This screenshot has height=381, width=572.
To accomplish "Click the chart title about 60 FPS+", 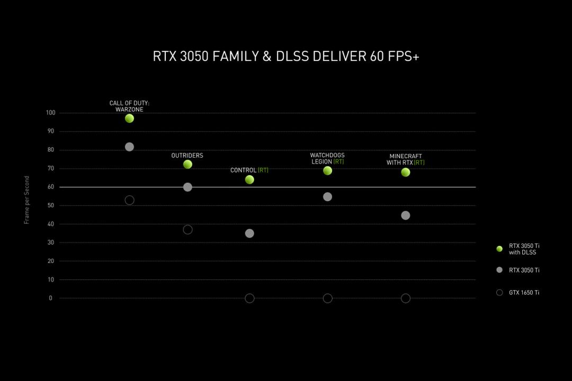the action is [x=286, y=57].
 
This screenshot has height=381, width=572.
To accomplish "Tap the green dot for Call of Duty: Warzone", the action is [x=130, y=119].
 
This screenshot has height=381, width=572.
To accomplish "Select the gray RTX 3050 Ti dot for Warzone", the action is [x=130, y=147].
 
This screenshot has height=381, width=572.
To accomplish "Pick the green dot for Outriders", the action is [x=187, y=165].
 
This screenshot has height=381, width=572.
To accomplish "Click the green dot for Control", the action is [x=249, y=180].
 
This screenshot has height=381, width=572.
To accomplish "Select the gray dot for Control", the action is [x=249, y=233].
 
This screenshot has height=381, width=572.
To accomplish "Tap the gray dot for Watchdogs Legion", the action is [x=328, y=197].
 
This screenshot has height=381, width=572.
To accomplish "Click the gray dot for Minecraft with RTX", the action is [x=406, y=215].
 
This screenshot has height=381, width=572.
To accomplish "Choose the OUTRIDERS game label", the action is [x=187, y=156].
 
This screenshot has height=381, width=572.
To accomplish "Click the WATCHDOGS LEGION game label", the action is [x=327, y=158].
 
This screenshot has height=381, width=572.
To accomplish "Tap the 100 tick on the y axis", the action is [x=51, y=113].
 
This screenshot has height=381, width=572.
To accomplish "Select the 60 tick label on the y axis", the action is [x=51, y=187].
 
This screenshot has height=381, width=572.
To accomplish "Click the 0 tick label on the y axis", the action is [x=51, y=298].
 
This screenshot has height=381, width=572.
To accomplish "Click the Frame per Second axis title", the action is [x=26, y=200].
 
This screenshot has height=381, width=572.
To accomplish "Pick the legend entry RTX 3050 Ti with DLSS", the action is [x=518, y=249].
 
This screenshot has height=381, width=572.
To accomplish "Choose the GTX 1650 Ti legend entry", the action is [x=518, y=293].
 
